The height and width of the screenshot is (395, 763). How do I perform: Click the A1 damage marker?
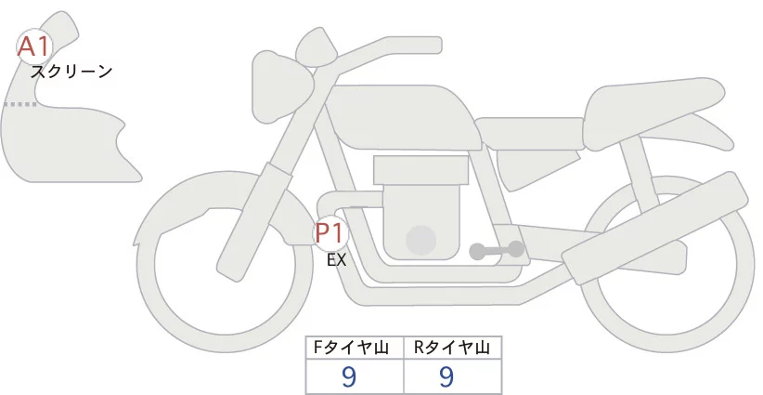[34, 46]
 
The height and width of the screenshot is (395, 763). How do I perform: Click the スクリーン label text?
[71, 71]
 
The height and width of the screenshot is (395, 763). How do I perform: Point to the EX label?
[336, 260]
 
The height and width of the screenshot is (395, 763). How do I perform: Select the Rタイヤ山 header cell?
[452, 349]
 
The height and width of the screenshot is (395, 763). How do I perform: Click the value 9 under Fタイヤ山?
[349, 376]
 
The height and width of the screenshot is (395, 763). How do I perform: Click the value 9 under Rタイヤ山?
[446, 376]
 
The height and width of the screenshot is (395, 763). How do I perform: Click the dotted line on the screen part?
[19, 105]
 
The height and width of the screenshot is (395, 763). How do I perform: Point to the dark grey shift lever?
[496, 250]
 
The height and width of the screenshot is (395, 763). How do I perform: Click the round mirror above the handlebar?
[316, 44]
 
